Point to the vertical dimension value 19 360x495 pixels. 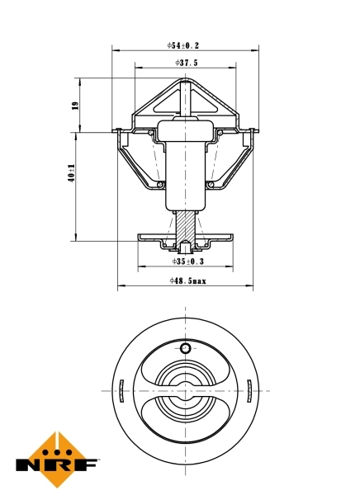coord(74,105)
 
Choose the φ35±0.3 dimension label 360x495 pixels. coord(187,261)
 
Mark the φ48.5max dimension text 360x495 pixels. coord(187,281)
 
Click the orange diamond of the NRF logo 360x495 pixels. coord(55,455)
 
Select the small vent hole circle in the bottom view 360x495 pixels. coord(186,348)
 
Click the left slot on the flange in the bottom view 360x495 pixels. coord(121,388)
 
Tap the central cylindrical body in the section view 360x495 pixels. coord(186,169)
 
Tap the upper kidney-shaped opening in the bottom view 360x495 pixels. coord(186,367)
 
